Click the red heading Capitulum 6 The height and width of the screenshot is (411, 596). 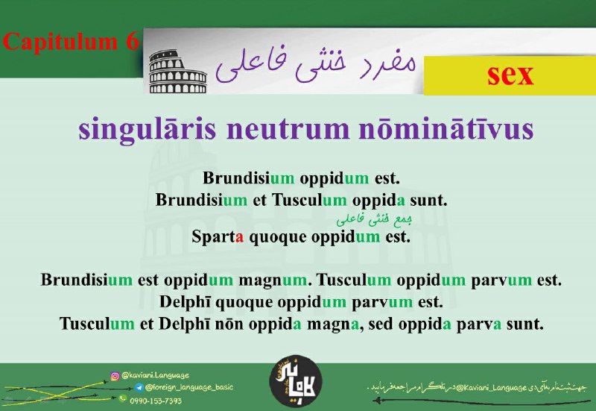point(71,42)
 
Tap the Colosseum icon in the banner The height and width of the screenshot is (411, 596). point(177,71)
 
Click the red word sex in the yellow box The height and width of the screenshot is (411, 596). point(510,75)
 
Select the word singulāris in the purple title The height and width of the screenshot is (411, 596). point(147,130)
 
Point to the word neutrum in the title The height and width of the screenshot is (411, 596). point(288,130)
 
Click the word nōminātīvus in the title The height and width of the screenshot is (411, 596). point(446,129)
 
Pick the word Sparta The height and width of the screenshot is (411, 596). point(218,236)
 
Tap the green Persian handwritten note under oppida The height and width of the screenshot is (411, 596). point(375,219)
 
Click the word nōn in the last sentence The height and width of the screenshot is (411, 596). point(229,324)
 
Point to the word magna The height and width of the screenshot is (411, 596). point(332,325)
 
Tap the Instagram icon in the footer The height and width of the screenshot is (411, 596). point(115,376)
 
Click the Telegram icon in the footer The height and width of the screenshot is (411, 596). point(139,387)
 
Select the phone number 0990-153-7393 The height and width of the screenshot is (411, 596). point(156,401)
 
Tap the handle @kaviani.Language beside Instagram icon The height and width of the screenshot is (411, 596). point(155,376)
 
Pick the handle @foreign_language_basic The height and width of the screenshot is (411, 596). point(189,387)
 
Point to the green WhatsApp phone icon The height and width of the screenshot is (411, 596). point(122,398)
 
